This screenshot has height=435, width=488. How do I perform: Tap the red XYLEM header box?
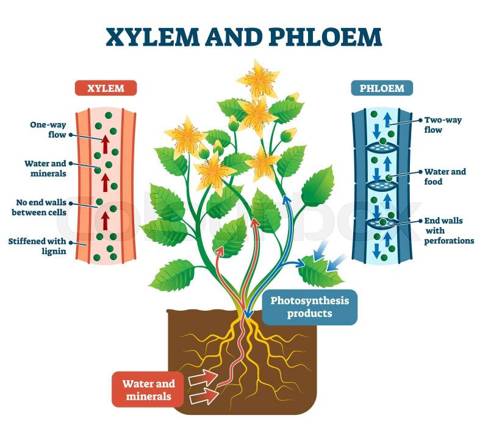[106, 88]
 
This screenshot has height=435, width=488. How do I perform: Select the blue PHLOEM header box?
[382, 88]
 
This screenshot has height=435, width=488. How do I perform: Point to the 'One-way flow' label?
[48, 130]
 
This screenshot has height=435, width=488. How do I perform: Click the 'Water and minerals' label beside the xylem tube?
[45, 168]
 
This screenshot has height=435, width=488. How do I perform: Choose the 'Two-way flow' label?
[443, 125]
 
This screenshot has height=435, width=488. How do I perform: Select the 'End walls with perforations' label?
[448, 230]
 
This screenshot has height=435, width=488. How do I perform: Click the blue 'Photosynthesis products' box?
[310, 307]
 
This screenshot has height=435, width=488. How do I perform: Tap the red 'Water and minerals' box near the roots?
[148, 389]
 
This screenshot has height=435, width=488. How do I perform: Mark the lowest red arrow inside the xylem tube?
[105, 219]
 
